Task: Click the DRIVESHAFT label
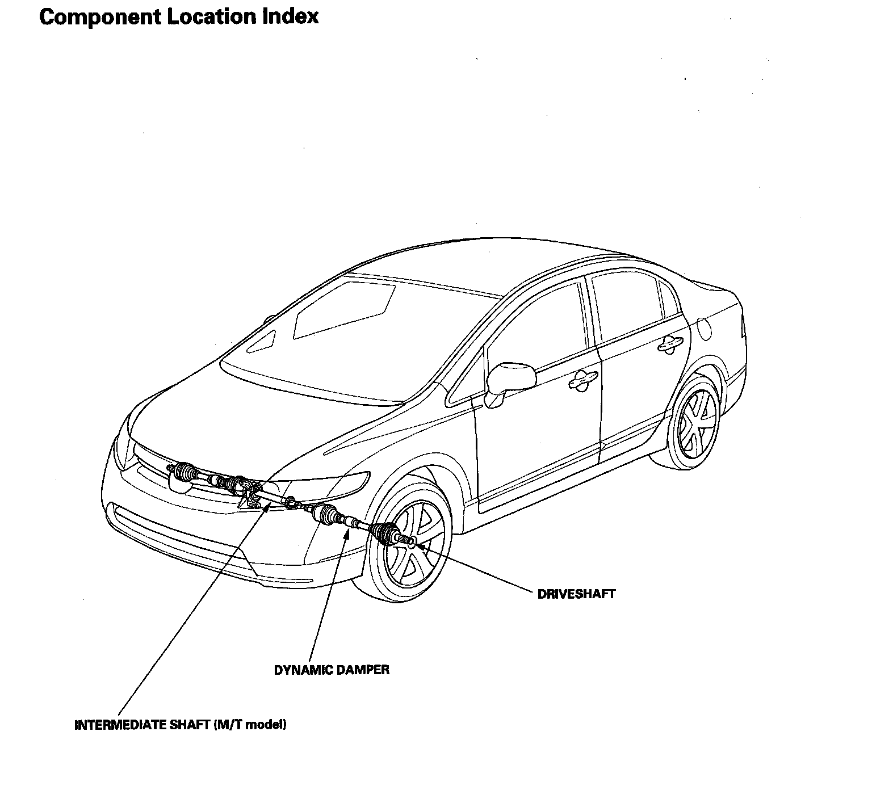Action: click(x=576, y=595)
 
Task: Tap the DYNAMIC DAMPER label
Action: click(x=332, y=670)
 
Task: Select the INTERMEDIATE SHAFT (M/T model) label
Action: click(x=180, y=725)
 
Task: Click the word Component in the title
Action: click(x=99, y=17)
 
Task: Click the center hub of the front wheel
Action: click(x=410, y=543)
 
